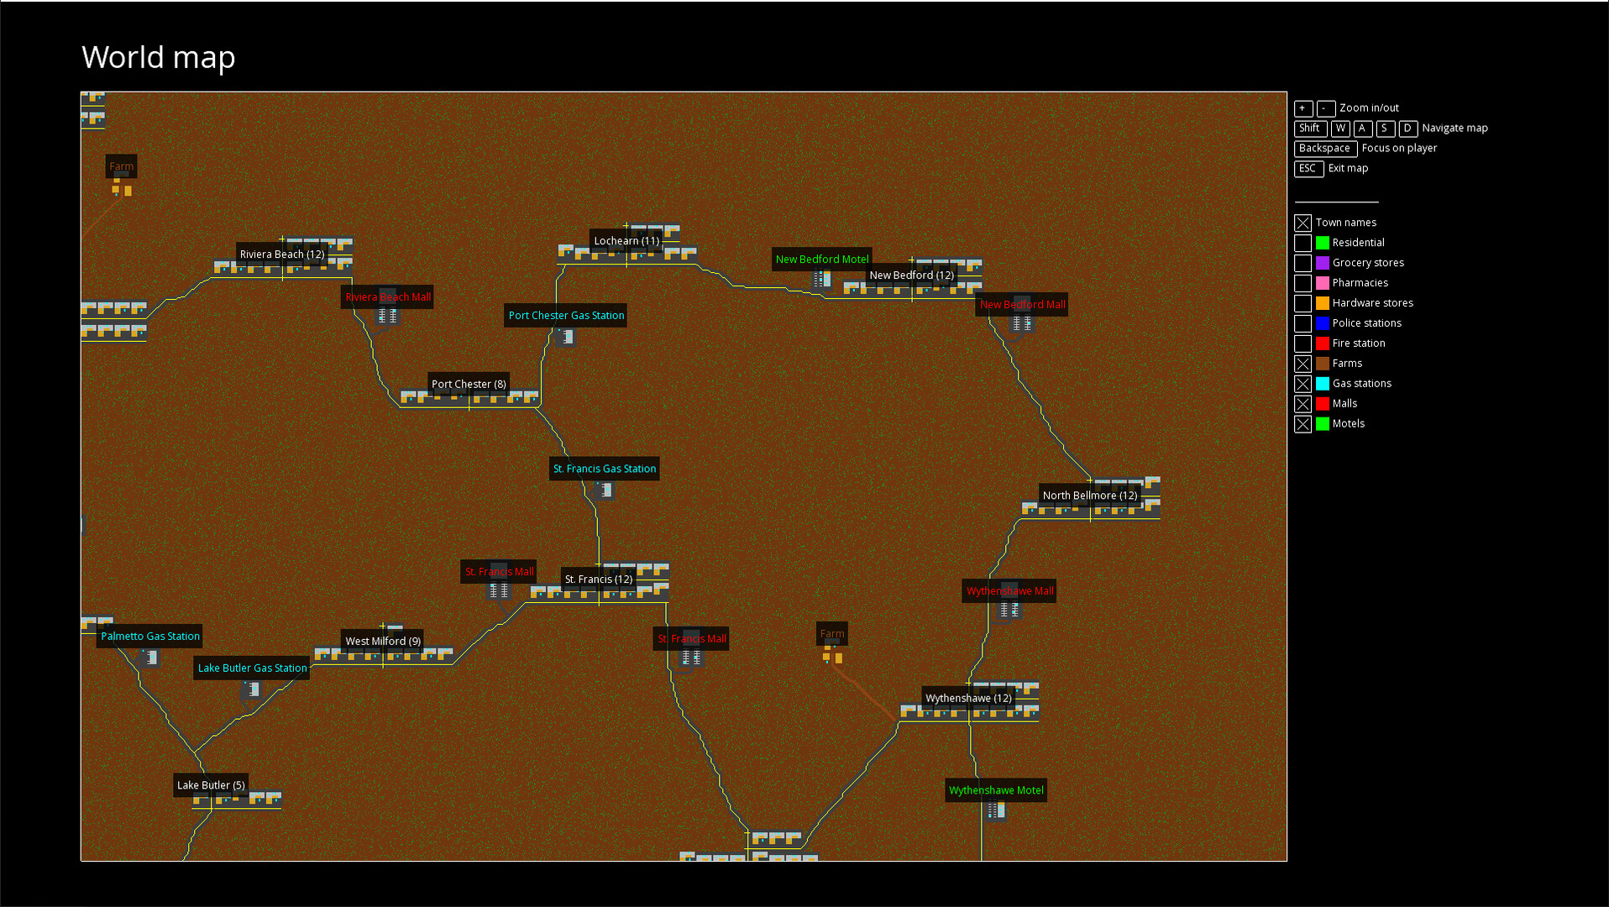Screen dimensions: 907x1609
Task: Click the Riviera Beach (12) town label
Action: pos(282,254)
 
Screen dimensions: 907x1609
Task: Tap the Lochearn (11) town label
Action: pos(626,241)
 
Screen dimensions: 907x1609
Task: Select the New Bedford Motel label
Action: pos(821,260)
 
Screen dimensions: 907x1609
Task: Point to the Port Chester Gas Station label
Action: pos(566,316)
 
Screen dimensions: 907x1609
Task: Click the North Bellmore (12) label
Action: pos(1089,495)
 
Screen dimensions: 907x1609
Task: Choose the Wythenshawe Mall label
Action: pos(1009,591)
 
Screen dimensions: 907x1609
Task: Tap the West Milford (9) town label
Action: pos(383,642)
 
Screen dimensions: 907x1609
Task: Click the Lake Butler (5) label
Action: pos(211,785)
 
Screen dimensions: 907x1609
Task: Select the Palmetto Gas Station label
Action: pos(150,637)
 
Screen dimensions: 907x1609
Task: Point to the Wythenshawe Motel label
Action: pos(996,790)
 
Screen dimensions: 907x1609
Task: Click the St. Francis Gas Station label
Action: pos(604,469)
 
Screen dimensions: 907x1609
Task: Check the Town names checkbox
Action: pos(1302,223)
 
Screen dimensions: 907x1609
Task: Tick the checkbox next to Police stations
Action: pos(1302,323)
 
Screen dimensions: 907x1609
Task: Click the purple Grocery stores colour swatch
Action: pos(1323,263)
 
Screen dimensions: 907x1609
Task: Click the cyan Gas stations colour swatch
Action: pos(1323,384)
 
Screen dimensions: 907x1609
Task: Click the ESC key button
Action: pos(1308,169)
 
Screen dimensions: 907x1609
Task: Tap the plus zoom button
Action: pos(1302,108)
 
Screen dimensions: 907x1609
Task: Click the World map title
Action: pos(158,57)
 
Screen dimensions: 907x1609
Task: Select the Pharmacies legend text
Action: pos(1360,283)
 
